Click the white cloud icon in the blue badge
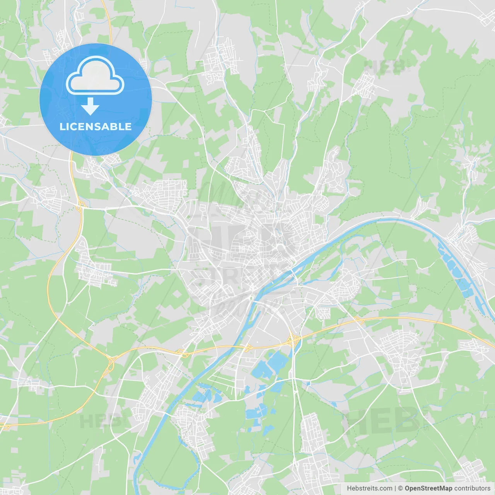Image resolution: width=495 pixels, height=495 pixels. pos(95,75)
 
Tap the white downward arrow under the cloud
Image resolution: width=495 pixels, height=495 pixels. pos(90,106)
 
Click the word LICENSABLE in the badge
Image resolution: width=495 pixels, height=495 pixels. pos(96,126)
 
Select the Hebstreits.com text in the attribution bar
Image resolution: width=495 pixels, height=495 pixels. pos(370,488)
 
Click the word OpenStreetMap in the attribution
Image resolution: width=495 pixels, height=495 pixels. pos(428,488)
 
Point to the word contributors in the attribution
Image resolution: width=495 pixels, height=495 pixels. pos(472,488)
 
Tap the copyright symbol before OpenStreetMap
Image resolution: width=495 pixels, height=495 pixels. pos(400,488)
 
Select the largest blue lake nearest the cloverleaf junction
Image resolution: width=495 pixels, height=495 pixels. pos(278,361)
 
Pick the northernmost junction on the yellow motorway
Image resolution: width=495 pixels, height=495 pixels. pos(80,205)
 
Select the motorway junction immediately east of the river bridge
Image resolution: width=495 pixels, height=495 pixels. pos(247,347)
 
